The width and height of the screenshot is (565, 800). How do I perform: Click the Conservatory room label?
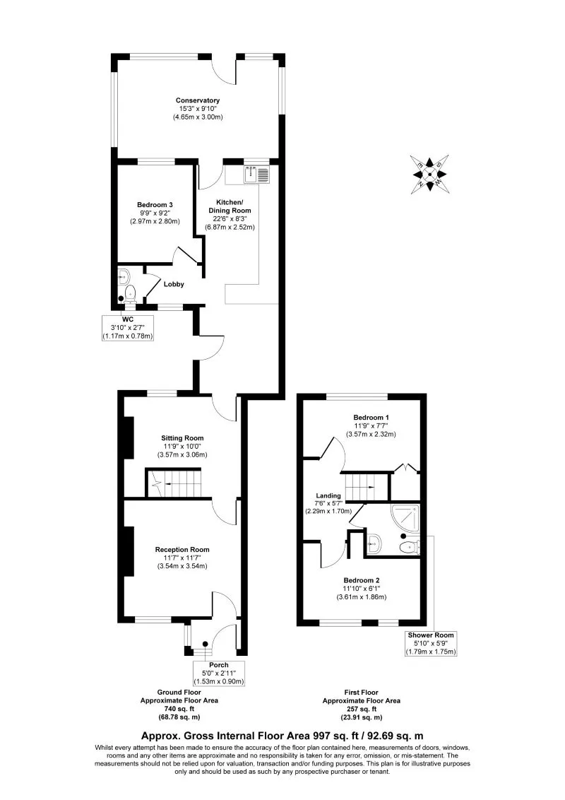[198, 100]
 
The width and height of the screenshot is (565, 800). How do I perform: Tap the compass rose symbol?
[429, 175]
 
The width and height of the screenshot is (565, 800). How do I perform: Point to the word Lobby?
[174, 284]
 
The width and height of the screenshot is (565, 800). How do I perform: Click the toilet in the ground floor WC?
[129, 293]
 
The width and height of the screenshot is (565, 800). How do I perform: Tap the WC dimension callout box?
[128, 327]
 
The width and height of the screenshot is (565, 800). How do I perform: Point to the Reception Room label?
[183, 550]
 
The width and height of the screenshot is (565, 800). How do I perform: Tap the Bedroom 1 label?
[371, 417]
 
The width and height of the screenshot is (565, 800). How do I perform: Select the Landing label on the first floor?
[328, 496]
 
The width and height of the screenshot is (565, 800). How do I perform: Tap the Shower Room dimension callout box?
[431, 643]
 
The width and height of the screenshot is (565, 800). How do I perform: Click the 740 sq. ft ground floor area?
[178, 709]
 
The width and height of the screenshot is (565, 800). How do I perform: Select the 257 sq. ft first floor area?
[361, 709]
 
